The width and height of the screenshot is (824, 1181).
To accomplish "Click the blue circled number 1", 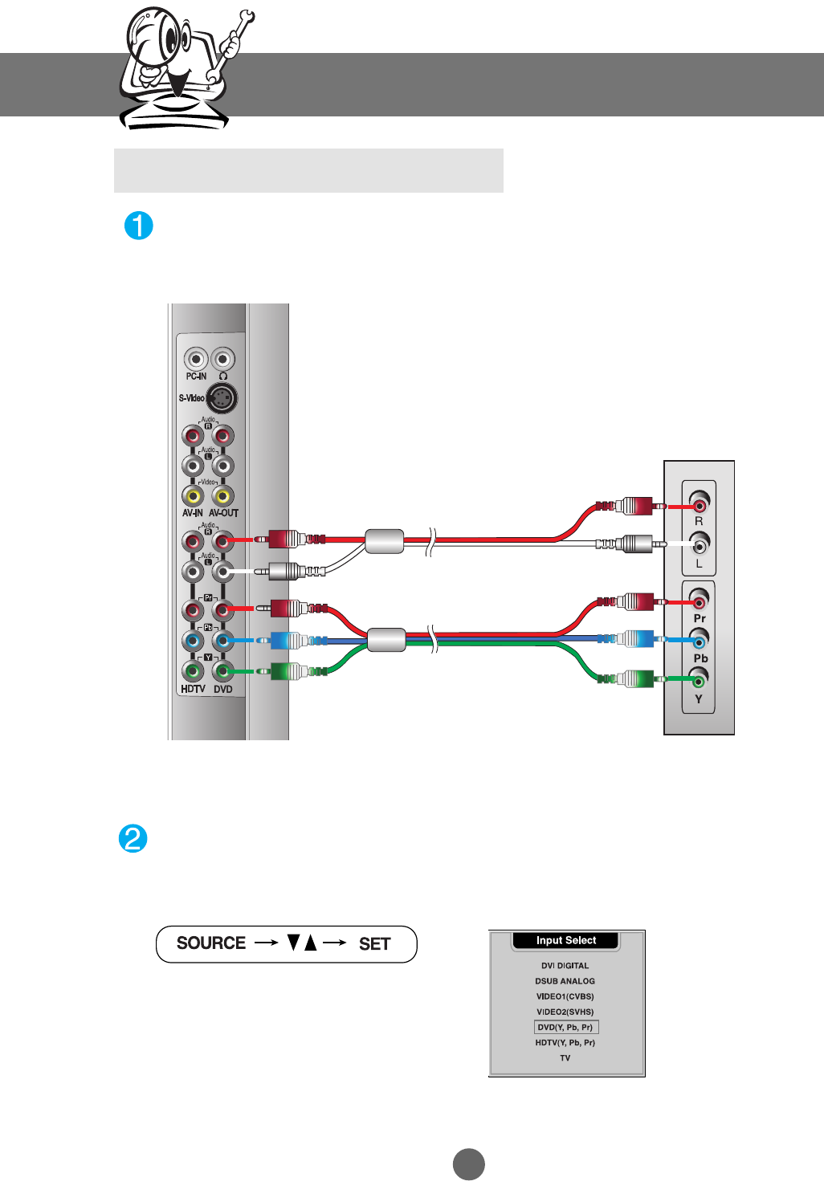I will coord(139,226).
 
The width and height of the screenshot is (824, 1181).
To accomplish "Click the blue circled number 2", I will coord(133,839).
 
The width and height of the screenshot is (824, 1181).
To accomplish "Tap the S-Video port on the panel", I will coord(222,398).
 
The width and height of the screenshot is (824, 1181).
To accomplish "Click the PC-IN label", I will coord(196,377).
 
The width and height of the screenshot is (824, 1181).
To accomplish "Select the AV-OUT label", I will coord(224,513).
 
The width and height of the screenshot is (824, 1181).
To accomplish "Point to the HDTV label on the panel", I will coord(193,689).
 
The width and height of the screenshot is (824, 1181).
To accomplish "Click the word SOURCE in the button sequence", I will coord(211,943).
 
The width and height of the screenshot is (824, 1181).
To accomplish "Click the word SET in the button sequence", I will coord(374,944).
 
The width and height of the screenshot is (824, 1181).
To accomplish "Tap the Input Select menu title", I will coord(566,940).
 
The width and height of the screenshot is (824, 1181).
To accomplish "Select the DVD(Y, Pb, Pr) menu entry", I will coord(565,1027).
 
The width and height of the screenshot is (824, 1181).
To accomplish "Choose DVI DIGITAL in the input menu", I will coord(565,966).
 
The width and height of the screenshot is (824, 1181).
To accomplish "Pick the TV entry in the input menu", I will coord(565,1058).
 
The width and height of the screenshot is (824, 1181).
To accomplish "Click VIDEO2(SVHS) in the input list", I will coord(565,1012).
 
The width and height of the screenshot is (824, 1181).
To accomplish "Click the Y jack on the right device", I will coord(699,681).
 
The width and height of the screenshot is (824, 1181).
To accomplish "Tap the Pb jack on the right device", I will coord(699,640).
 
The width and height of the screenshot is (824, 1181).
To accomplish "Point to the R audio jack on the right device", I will coord(699,505).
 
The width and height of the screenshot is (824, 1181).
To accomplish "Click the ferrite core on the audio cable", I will coord(384,541).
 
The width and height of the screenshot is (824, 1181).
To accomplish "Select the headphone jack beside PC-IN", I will coord(222,359).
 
